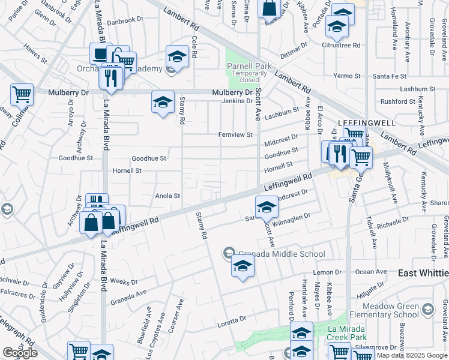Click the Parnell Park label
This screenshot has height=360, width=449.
pos(249,66)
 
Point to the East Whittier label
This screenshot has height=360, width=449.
pos(423,272)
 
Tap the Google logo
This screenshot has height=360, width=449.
pos(20,352)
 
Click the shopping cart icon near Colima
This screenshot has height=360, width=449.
pos(22,94)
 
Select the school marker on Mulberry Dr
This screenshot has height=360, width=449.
pos(163,102)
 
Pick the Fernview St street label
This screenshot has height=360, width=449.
pos(235,135)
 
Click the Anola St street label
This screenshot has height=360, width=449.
pos(168,196)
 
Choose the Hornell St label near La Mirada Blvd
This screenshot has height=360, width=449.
pos(127,170)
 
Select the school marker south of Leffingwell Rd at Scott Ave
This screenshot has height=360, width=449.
pos(267,208)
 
